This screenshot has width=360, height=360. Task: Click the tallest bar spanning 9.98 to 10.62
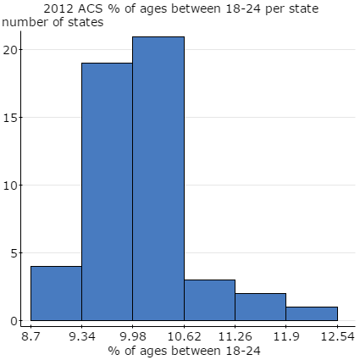pos(158,179)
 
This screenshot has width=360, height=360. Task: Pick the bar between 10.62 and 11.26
pos(209,301)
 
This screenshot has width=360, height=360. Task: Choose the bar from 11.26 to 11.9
pos(260,307)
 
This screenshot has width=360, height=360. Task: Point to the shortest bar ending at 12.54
pos(311,313)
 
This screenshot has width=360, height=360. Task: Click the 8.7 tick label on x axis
pos(30,336)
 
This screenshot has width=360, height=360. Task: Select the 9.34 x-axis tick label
pos(81,336)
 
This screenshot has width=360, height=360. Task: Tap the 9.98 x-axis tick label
pos(132,336)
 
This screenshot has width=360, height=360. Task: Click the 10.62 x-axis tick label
pos(184,336)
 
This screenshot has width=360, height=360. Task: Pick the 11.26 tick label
pos(235,336)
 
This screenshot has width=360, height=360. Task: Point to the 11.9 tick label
pos(285,336)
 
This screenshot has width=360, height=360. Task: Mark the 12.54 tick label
pos(336,336)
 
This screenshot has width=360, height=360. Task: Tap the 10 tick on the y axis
pos(12,186)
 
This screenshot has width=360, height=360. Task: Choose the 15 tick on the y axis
pos(12,118)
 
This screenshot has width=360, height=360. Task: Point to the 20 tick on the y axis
pos(12,50)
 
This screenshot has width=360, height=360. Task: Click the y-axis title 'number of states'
pos(53,22)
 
